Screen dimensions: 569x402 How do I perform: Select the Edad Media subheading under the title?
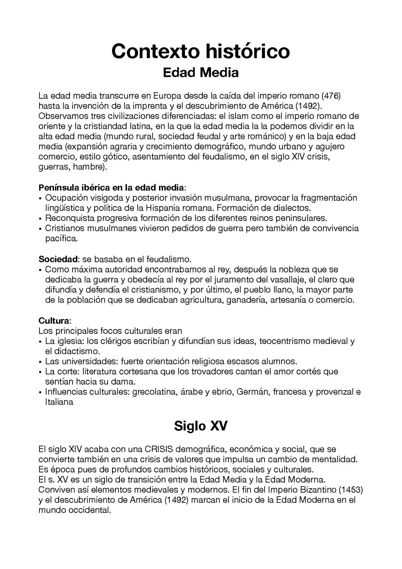point(200,72)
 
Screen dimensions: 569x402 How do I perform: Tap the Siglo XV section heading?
point(200,426)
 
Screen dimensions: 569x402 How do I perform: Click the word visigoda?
point(102,198)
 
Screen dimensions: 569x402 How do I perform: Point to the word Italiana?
point(59,402)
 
